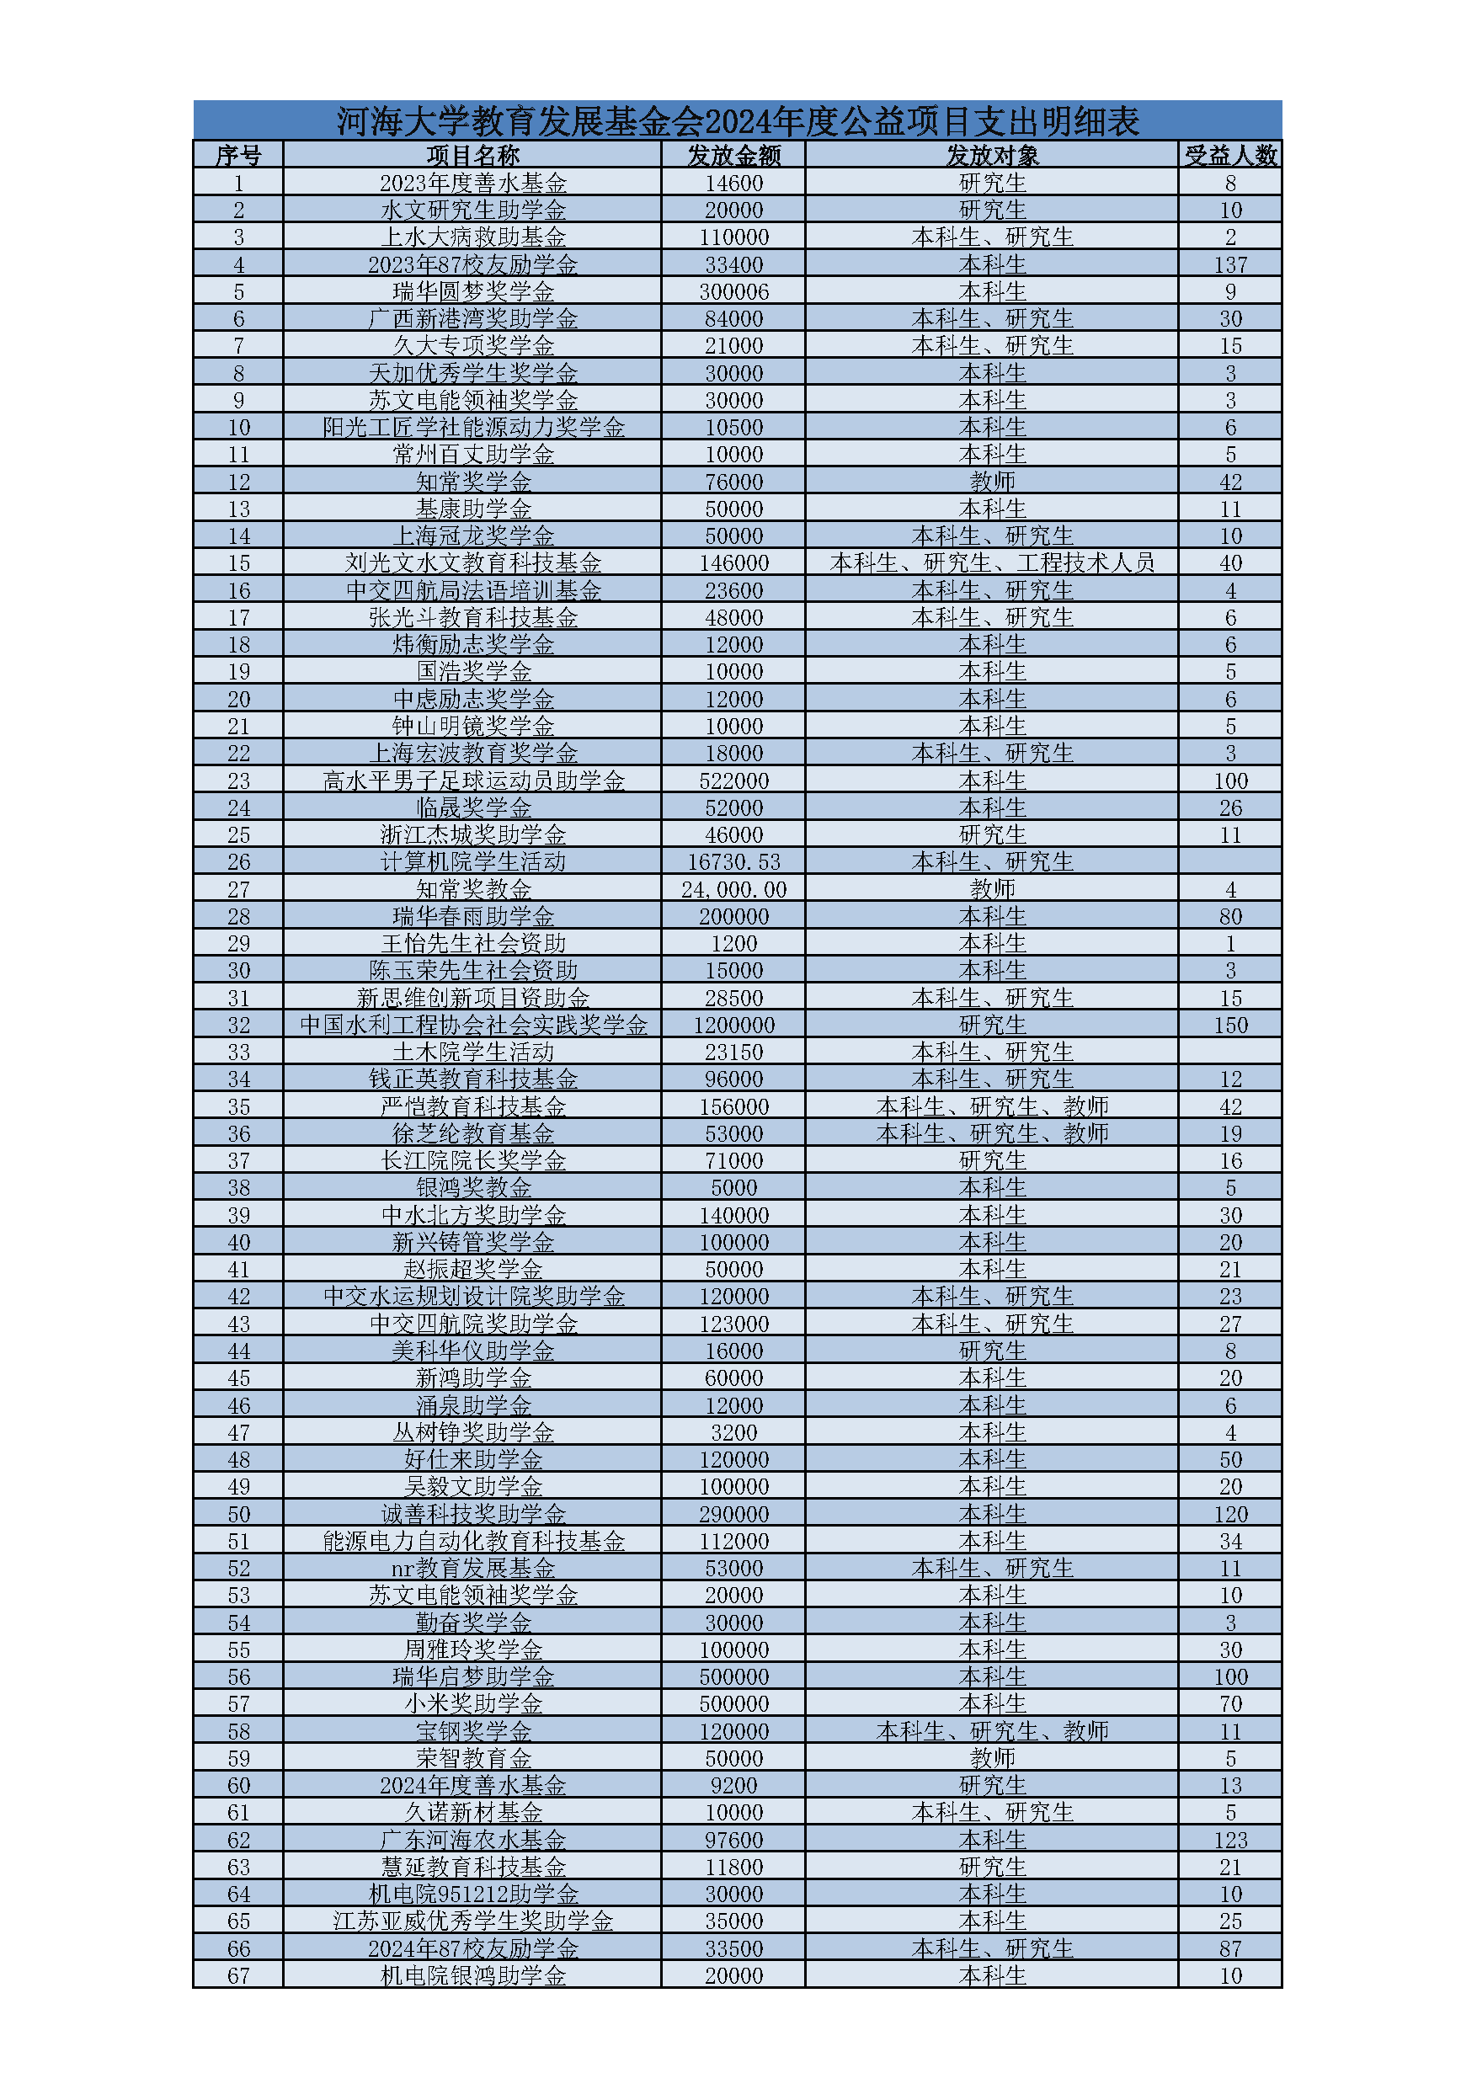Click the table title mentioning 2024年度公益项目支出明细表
(737, 121)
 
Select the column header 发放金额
(733, 156)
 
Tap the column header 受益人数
(1230, 156)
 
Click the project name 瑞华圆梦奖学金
(472, 292)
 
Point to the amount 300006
(733, 292)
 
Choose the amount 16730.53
(733, 861)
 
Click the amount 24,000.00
(733, 889)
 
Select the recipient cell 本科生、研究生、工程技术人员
(992, 563)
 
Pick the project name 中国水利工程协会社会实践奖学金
(472, 1026)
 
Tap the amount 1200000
(733, 1026)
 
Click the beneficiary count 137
(1230, 264)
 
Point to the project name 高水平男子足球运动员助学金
(472, 781)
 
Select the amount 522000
(733, 781)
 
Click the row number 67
(238, 1975)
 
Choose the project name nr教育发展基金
(472, 1569)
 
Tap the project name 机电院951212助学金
(472, 1894)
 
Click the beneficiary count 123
(1230, 1840)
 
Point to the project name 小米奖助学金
(472, 1704)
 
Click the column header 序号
(238, 156)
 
